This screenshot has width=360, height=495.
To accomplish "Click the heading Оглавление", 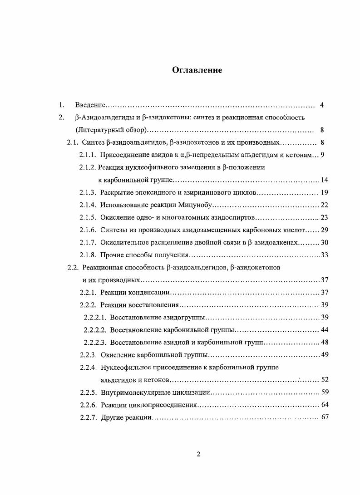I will [197, 70].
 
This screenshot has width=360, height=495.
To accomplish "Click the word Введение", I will [90, 105].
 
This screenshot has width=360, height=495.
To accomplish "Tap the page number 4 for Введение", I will [321, 105].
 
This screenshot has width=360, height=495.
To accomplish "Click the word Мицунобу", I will [197, 205].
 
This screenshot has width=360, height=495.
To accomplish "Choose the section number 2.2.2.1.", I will [95, 317].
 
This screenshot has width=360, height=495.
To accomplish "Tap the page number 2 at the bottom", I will [198, 455].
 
